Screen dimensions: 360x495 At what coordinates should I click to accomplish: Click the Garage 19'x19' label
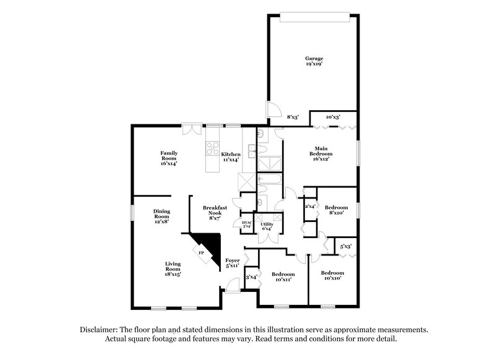click(x=314, y=61)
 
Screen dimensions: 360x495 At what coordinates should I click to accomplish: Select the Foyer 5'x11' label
click(x=232, y=264)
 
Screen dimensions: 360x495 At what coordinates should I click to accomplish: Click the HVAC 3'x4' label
click(x=246, y=224)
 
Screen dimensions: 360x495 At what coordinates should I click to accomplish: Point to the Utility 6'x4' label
click(x=267, y=226)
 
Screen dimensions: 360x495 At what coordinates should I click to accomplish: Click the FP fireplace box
click(x=201, y=252)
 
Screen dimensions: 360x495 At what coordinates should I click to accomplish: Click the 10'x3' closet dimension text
click(x=332, y=116)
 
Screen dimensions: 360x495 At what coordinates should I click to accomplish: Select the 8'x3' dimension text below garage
click(x=293, y=116)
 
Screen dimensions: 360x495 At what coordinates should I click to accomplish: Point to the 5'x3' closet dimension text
click(x=346, y=247)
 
